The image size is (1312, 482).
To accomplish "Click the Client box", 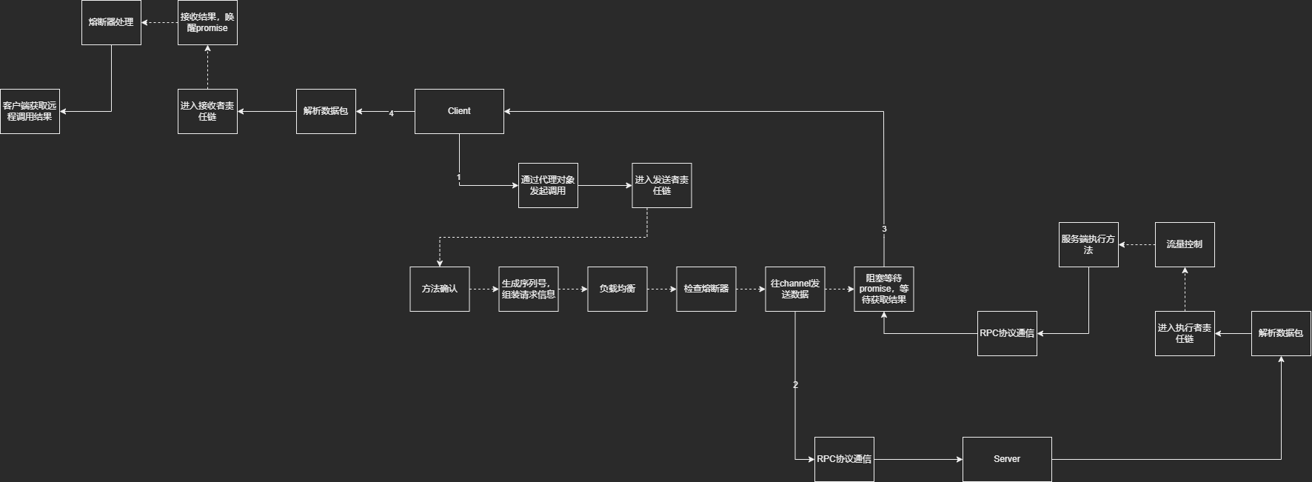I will click(x=459, y=111).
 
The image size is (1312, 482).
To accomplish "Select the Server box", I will click(x=1007, y=459).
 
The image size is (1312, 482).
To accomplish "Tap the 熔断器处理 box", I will click(x=111, y=22).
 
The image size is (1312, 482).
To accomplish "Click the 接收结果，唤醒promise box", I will click(x=207, y=22).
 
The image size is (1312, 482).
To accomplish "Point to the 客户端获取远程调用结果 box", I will click(x=30, y=111).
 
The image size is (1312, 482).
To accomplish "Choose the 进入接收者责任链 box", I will click(x=207, y=111).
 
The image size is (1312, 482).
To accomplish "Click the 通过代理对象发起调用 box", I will click(x=548, y=185).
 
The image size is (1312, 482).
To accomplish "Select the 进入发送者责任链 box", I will click(x=662, y=185).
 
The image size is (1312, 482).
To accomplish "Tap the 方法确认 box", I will click(x=440, y=289).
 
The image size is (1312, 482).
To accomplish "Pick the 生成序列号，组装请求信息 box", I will click(x=529, y=289).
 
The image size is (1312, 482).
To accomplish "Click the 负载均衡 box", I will click(x=617, y=289).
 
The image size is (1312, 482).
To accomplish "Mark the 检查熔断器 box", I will click(x=706, y=289).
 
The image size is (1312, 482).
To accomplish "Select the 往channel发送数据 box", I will click(x=795, y=289).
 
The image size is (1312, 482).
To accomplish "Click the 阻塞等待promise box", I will click(x=884, y=289).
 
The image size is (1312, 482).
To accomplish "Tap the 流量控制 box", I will click(x=1185, y=244).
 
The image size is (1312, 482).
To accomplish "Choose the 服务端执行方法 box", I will click(x=1088, y=244).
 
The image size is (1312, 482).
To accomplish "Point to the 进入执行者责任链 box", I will click(x=1185, y=333).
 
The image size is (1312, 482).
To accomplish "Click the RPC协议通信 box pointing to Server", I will click(x=844, y=459).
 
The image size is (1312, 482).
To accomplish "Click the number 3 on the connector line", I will click(x=884, y=230).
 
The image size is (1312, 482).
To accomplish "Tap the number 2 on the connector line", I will click(x=795, y=385).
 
